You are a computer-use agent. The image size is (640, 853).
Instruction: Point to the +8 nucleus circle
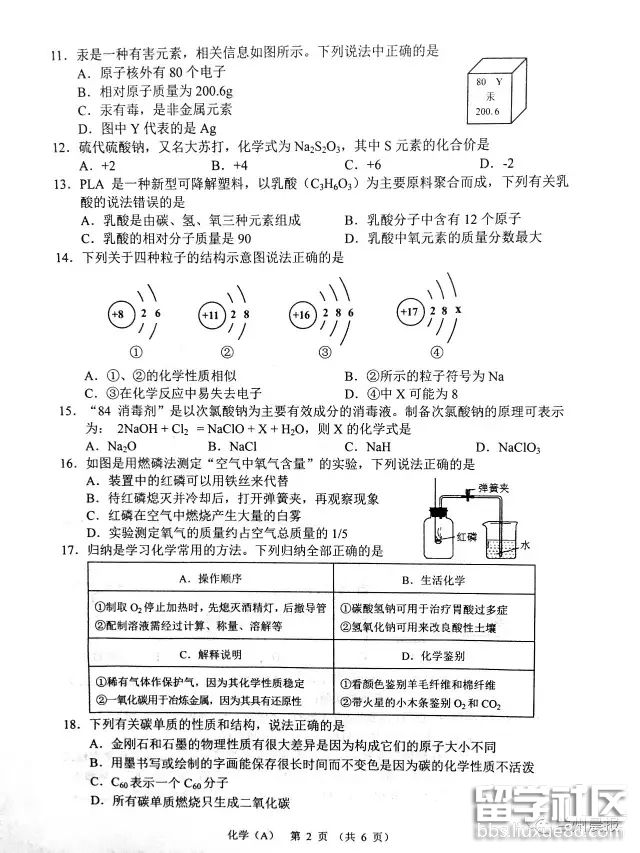tap(117, 315)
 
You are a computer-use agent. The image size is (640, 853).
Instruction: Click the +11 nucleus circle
tap(211, 316)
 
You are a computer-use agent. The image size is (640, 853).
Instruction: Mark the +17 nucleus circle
tap(411, 312)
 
